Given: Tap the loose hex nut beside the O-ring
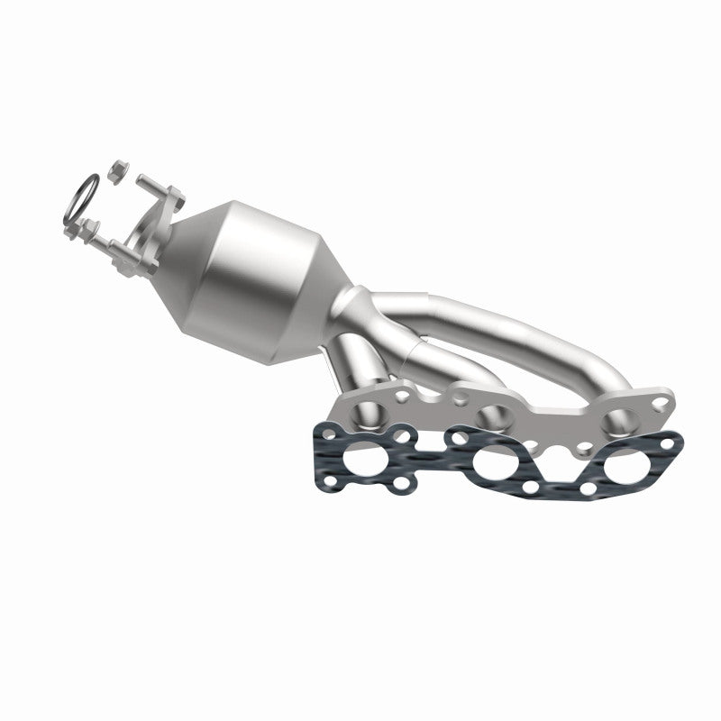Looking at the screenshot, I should point(118,169).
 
